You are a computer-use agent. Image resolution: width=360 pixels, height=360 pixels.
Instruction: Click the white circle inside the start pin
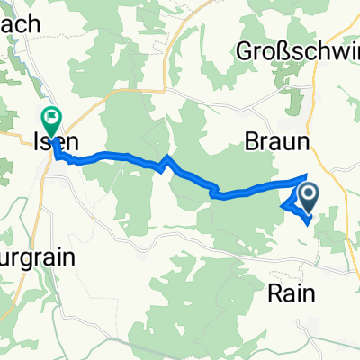[x=308, y=193]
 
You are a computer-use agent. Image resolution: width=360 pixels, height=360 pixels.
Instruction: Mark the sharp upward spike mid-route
[x=167, y=158]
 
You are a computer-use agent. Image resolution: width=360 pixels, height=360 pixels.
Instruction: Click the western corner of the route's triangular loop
[x=283, y=205]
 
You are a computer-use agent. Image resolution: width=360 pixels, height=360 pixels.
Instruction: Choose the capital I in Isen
[x=37, y=141]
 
